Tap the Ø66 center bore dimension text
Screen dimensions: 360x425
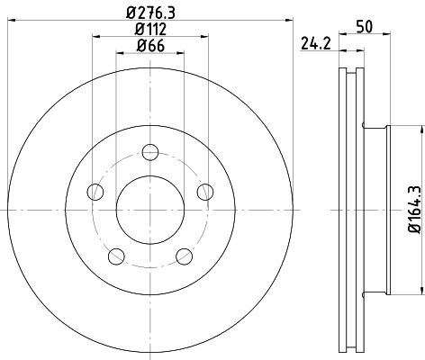point(149,48)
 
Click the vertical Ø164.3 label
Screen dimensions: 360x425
point(413,210)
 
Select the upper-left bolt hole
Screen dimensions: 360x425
point(93,190)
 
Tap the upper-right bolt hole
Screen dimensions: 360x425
point(205,190)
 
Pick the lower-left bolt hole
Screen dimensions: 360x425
point(114,256)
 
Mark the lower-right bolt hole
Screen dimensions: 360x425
point(184,256)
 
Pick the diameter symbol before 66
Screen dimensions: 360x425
point(139,48)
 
